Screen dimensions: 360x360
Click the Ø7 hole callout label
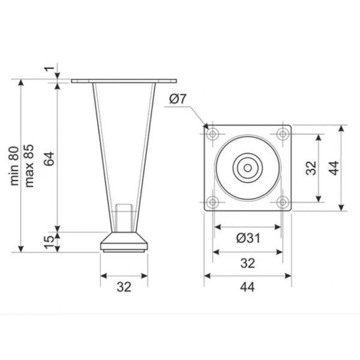pyautogui.click(x=178, y=99)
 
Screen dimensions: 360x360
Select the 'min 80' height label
pyautogui.click(x=14, y=166)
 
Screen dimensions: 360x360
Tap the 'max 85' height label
pyautogui.click(x=29, y=166)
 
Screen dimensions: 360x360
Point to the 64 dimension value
pyautogui.click(x=49, y=158)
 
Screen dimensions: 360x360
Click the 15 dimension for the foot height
pyautogui.click(x=49, y=242)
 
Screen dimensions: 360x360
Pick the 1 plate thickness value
pyautogui.click(x=49, y=68)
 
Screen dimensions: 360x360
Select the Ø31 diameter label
pyautogui.click(x=248, y=238)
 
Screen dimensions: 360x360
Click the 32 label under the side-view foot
pyautogui.click(x=124, y=287)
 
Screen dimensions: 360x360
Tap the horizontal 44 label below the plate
pyautogui.click(x=247, y=287)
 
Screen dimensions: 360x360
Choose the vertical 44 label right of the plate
pyautogui.click(x=334, y=168)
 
